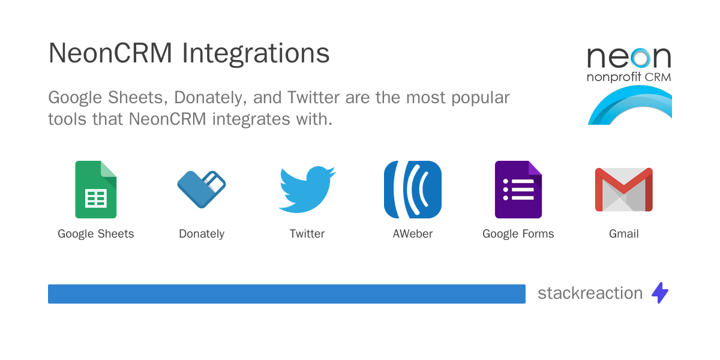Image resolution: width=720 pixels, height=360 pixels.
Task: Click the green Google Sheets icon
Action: click(x=96, y=190)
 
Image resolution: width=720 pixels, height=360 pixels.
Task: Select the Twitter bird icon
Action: click(x=307, y=190)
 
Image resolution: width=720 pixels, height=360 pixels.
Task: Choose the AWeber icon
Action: click(x=413, y=190)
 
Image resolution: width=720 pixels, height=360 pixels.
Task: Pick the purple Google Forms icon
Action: click(x=518, y=190)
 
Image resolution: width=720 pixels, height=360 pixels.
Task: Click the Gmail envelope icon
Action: click(x=624, y=190)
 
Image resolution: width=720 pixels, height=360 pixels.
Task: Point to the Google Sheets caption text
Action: click(x=96, y=234)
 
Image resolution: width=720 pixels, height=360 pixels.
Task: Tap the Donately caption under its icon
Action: click(x=202, y=234)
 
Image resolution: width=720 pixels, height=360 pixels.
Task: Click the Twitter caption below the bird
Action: click(x=307, y=233)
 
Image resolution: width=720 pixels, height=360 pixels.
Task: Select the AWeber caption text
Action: click(x=413, y=233)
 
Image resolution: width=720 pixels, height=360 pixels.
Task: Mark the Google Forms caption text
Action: click(x=518, y=234)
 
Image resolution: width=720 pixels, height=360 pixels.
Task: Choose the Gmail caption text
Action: click(x=624, y=233)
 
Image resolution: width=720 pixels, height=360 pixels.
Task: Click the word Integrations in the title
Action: click(x=256, y=54)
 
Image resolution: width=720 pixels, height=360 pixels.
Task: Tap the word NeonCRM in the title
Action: click(x=110, y=53)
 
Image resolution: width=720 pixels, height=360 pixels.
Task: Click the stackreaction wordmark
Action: click(x=590, y=293)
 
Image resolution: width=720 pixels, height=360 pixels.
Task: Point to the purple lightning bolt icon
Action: click(x=660, y=293)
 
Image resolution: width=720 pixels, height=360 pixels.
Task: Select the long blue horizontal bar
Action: click(x=287, y=294)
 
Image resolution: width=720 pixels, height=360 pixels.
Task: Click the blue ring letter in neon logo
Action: click(x=640, y=58)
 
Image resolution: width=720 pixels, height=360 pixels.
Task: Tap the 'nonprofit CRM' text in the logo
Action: click(x=629, y=77)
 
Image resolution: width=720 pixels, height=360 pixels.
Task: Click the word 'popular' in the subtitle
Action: click(x=480, y=98)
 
